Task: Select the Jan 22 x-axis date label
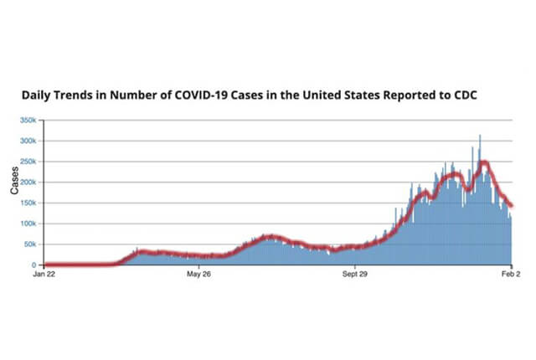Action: coord(44,274)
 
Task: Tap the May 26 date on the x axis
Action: coord(198,274)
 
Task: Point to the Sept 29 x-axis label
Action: coord(355,274)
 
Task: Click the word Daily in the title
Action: coord(39,95)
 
